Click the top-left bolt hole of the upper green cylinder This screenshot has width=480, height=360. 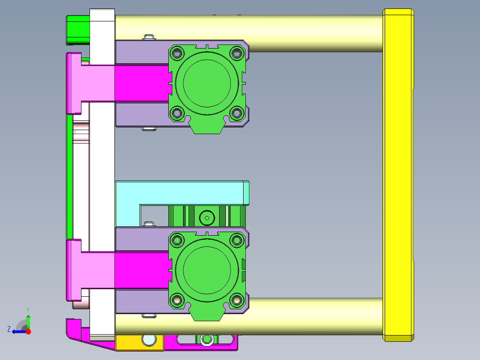click(x=177, y=53)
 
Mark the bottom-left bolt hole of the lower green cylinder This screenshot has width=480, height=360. click(x=177, y=300)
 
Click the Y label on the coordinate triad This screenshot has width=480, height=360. click(x=28, y=309)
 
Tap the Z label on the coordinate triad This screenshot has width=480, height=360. click(x=9, y=329)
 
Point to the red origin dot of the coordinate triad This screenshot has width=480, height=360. click(x=28, y=331)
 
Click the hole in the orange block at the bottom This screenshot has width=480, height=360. click(x=149, y=340)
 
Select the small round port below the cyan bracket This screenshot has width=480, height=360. click(x=207, y=218)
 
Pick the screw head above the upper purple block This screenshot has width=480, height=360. click(x=148, y=37)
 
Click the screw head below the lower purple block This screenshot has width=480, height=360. click(x=149, y=316)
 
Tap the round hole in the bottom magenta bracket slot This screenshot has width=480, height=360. click(x=206, y=340)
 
